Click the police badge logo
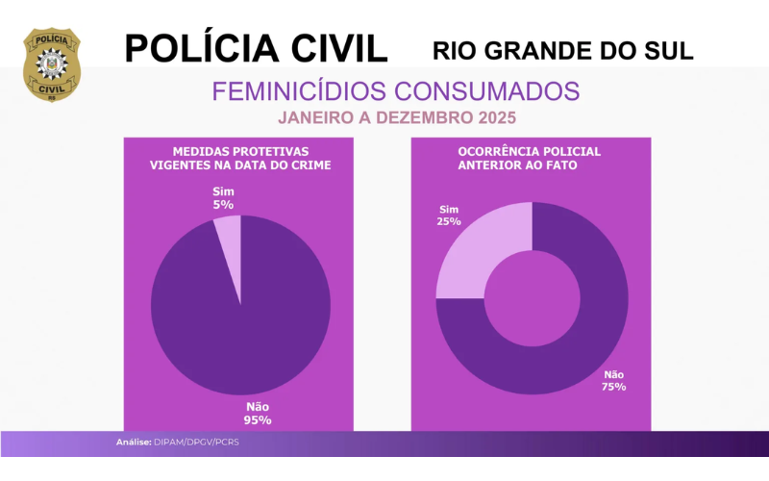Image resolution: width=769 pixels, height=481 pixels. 52,64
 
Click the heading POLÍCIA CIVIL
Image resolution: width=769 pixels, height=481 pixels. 256,48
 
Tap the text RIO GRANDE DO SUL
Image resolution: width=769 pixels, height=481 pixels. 563,50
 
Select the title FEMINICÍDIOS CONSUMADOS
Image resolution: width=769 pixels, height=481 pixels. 395,91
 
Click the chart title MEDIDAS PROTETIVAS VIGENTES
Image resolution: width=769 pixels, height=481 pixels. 240,159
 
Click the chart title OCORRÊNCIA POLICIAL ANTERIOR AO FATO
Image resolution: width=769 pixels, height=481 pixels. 532,159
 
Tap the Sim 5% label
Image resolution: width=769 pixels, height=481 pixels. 223,197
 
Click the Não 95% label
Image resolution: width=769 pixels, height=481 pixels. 258,413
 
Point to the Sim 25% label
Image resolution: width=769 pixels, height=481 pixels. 449,215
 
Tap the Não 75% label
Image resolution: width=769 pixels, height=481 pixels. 614,380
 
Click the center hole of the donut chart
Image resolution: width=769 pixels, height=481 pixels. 532,297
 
